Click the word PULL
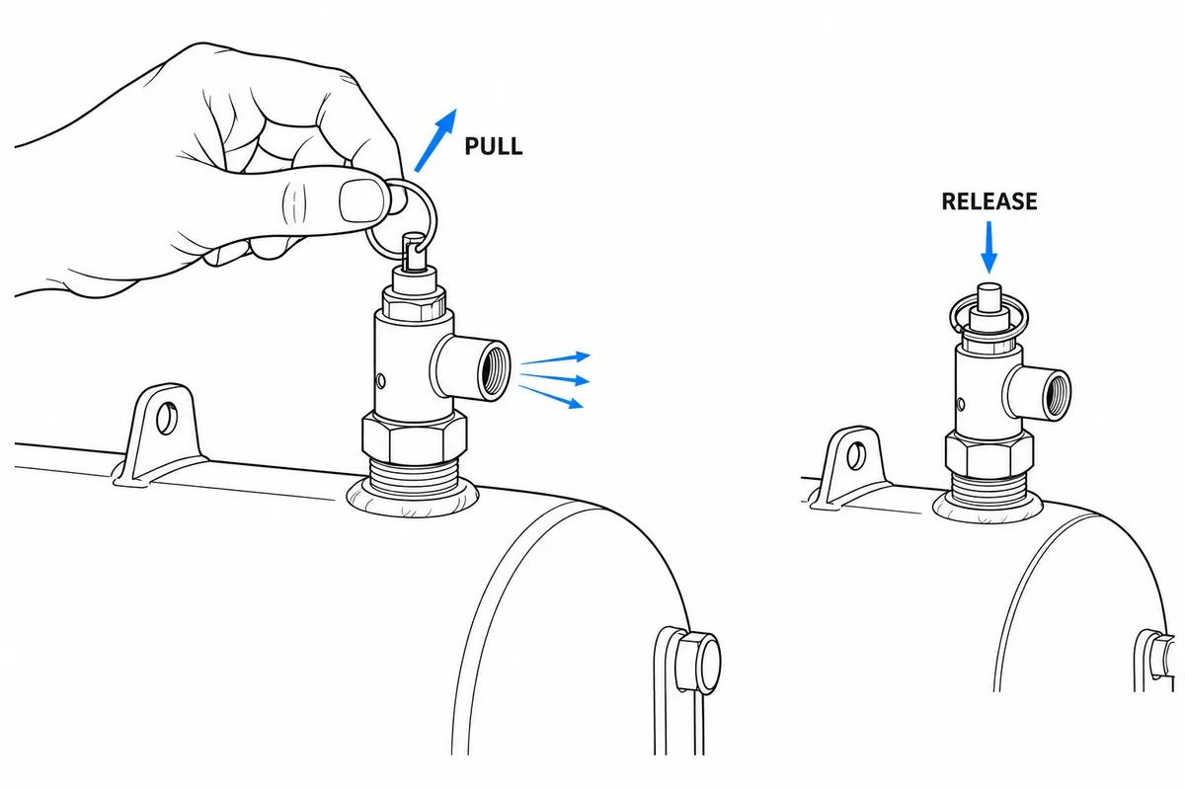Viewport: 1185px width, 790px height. [494, 146]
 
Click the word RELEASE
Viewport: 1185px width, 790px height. [989, 201]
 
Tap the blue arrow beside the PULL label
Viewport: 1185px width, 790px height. [435, 140]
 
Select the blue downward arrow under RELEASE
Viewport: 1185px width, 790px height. [988, 247]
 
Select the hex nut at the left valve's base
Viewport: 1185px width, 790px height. [414, 438]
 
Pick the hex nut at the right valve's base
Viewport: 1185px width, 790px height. [988, 453]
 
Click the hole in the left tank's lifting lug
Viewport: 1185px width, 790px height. [167, 418]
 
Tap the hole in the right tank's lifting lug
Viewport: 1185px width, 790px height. [856, 455]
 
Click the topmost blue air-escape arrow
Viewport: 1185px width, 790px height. [555, 359]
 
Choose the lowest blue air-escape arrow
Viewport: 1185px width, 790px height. [551, 397]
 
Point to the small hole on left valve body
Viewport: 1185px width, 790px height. [380, 380]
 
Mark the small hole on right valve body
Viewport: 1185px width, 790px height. [961, 405]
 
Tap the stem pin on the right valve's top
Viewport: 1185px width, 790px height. [988, 297]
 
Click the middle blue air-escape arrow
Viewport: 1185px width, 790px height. [555, 378]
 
